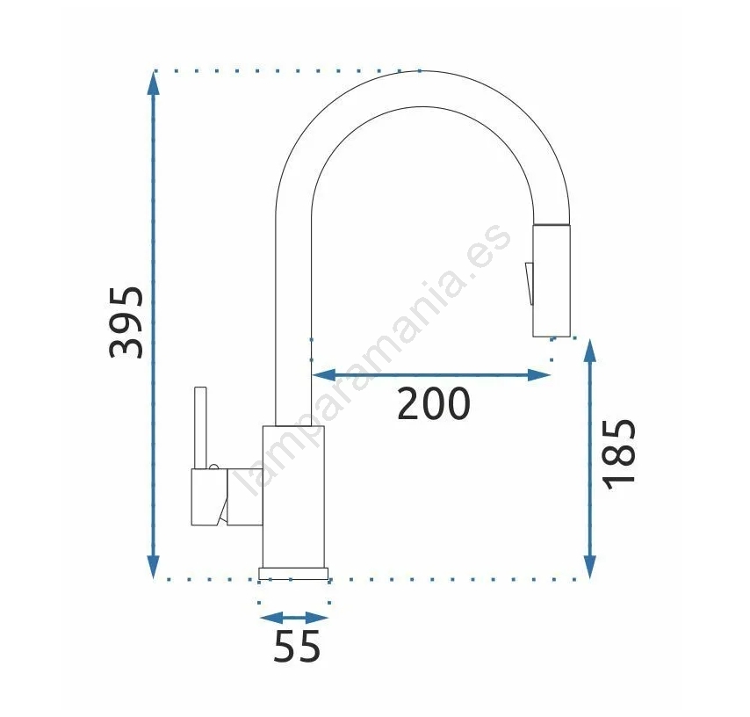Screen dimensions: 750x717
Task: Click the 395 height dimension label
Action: pyautogui.click(x=126, y=322)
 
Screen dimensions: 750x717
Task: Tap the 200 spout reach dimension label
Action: pyautogui.click(x=434, y=404)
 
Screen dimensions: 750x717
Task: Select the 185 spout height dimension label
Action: pyautogui.click(x=620, y=455)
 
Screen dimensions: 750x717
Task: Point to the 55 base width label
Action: pyautogui.click(x=297, y=646)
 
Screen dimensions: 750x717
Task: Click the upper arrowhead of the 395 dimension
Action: pyautogui.click(x=153, y=83)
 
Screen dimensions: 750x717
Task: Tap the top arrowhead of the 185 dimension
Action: pyautogui.click(x=590, y=351)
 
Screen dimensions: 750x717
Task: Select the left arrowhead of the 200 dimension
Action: pyautogui.click(x=323, y=375)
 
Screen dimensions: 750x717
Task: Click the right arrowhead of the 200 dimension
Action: pyautogui.click(x=539, y=375)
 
